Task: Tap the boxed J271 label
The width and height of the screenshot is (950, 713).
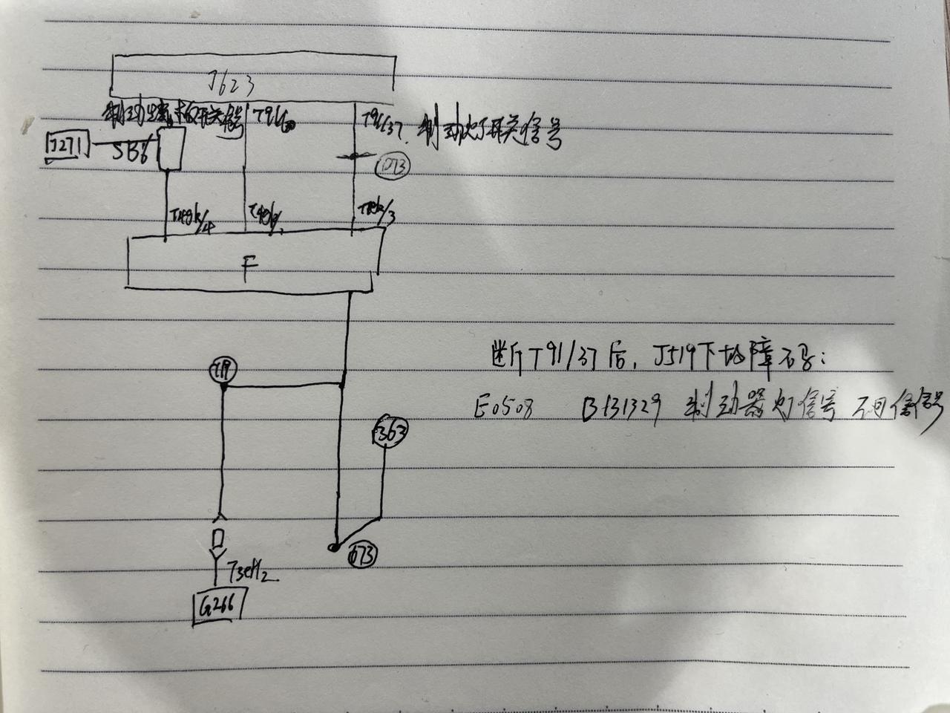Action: coord(65,145)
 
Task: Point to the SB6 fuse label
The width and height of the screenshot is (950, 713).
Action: coord(132,150)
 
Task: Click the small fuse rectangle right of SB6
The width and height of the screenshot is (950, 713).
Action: coord(172,147)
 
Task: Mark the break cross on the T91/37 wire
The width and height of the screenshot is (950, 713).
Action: coord(353,156)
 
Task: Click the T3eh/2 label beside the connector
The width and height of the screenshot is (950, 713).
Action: coord(249,571)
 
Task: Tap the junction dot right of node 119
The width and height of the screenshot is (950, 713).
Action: coord(341,384)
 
